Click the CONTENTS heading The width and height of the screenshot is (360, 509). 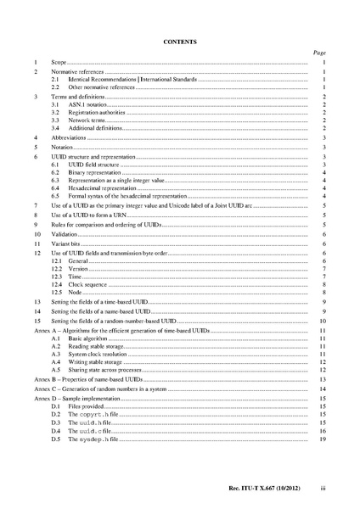tap(179, 41)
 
